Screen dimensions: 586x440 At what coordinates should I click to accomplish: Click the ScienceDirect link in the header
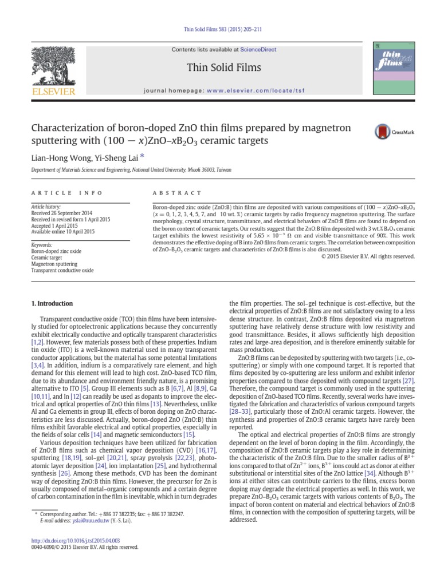258,50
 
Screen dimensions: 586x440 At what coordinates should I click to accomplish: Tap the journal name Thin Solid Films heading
223,68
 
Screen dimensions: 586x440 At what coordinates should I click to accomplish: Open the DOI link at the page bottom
77,540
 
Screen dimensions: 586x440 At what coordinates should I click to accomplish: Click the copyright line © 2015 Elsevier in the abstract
368,256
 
